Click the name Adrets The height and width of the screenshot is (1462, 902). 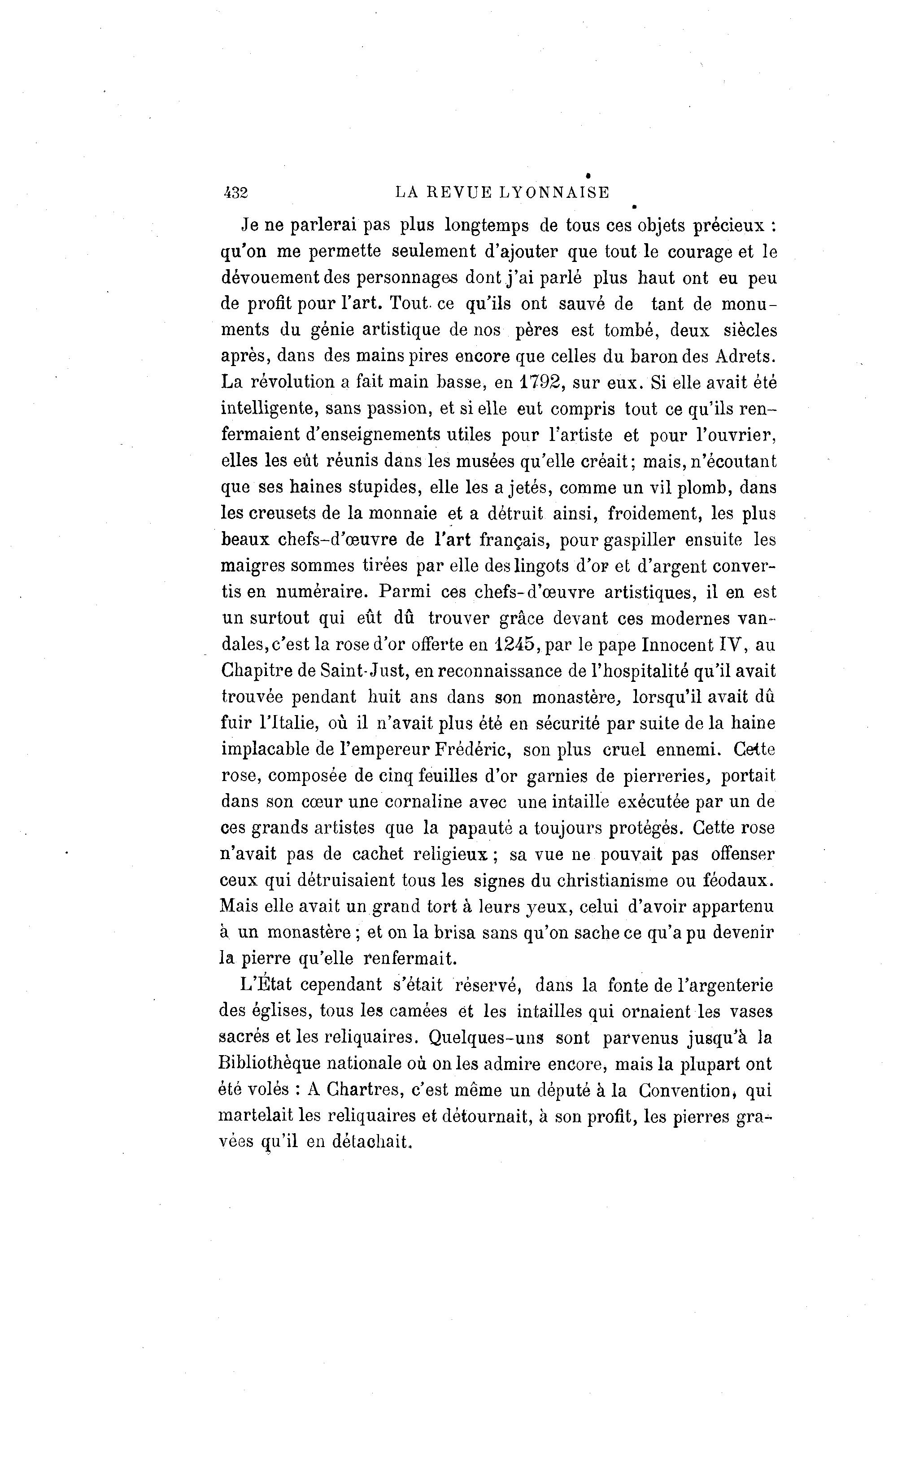746,356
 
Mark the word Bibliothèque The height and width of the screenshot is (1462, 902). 271,1064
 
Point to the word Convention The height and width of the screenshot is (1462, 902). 685,1091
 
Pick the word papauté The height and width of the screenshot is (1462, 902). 480,829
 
